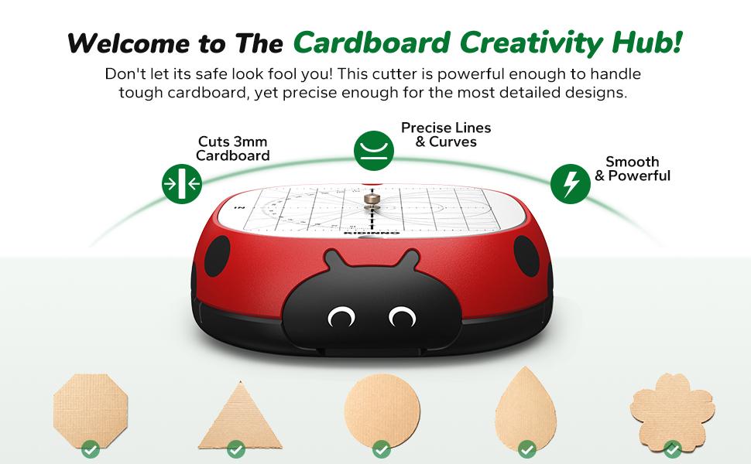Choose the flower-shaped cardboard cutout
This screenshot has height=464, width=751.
[672, 409]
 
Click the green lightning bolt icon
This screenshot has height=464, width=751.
[571, 183]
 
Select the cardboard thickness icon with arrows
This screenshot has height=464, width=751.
[181, 184]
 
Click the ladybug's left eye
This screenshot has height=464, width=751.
[340, 316]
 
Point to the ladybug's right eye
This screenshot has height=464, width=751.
[402, 316]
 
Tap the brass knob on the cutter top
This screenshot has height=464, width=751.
[372, 202]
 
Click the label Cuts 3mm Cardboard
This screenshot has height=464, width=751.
[232, 148]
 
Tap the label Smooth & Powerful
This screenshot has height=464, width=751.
[632, 169]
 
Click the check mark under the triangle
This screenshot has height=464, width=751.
[236, 449]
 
